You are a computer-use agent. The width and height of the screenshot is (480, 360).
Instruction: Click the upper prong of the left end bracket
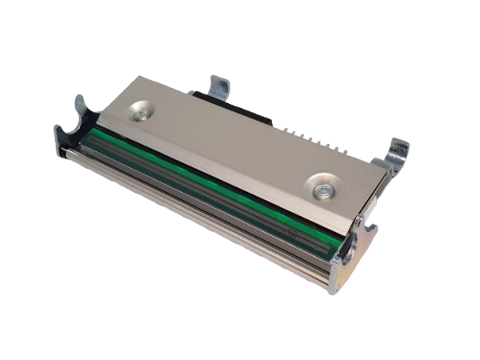(80, 104)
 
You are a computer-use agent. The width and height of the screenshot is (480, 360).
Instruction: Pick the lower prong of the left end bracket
(60, 133)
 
